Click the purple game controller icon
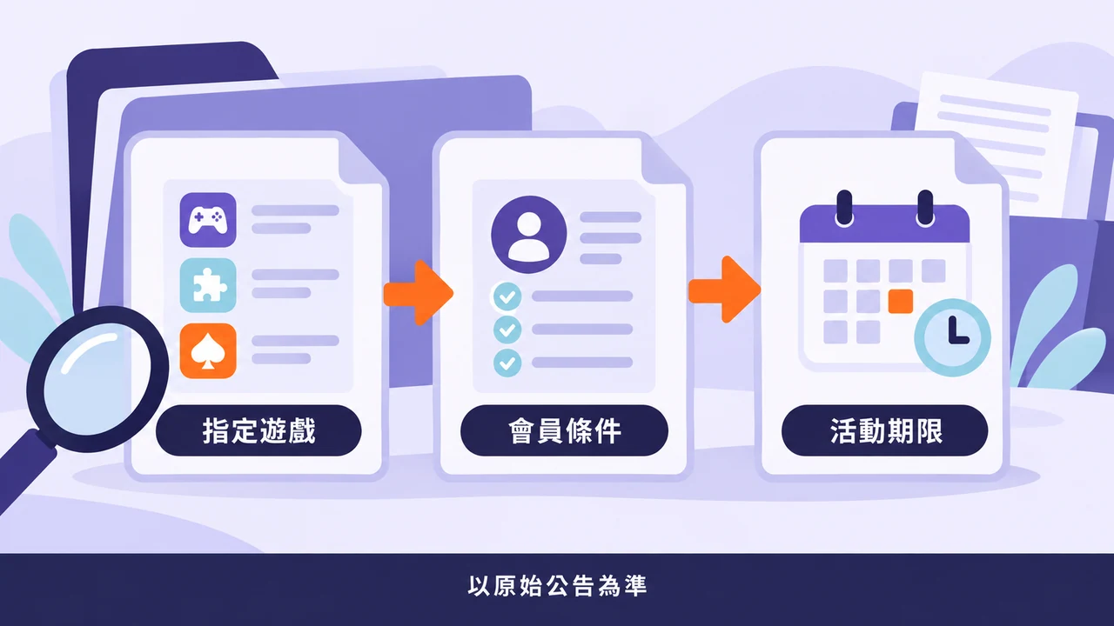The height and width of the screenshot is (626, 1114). click(x=208, y=220)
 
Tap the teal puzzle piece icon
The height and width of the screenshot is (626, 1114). click(x=208, y=285)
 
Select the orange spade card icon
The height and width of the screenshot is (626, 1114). click(x=208, y=350)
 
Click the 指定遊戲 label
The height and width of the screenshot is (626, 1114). click(x=258, y=430)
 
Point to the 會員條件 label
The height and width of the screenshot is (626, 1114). click(x=564, y=430)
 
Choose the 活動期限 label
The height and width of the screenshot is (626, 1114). click(x=885, y=430)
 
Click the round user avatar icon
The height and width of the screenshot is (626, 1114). click(x=528, y=235)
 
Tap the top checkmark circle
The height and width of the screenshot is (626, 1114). click(x=507, y=296)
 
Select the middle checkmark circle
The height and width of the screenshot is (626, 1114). click(x=507, y=330)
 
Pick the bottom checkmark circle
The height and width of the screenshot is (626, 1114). click(x=507, y=363)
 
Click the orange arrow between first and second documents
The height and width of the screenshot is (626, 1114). click(x=419, y=293)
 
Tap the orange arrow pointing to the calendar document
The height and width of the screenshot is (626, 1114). click(x=725, y=290)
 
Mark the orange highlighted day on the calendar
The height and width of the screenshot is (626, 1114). click(x=901, y=302)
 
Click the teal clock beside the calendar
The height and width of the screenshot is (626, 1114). click(x=952, y=337)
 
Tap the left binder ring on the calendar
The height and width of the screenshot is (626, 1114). click(x=844, y=209)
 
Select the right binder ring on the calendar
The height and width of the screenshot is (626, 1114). click(x=925, y=209)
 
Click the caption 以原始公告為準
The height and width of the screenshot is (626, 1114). click(x=557, y=586)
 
